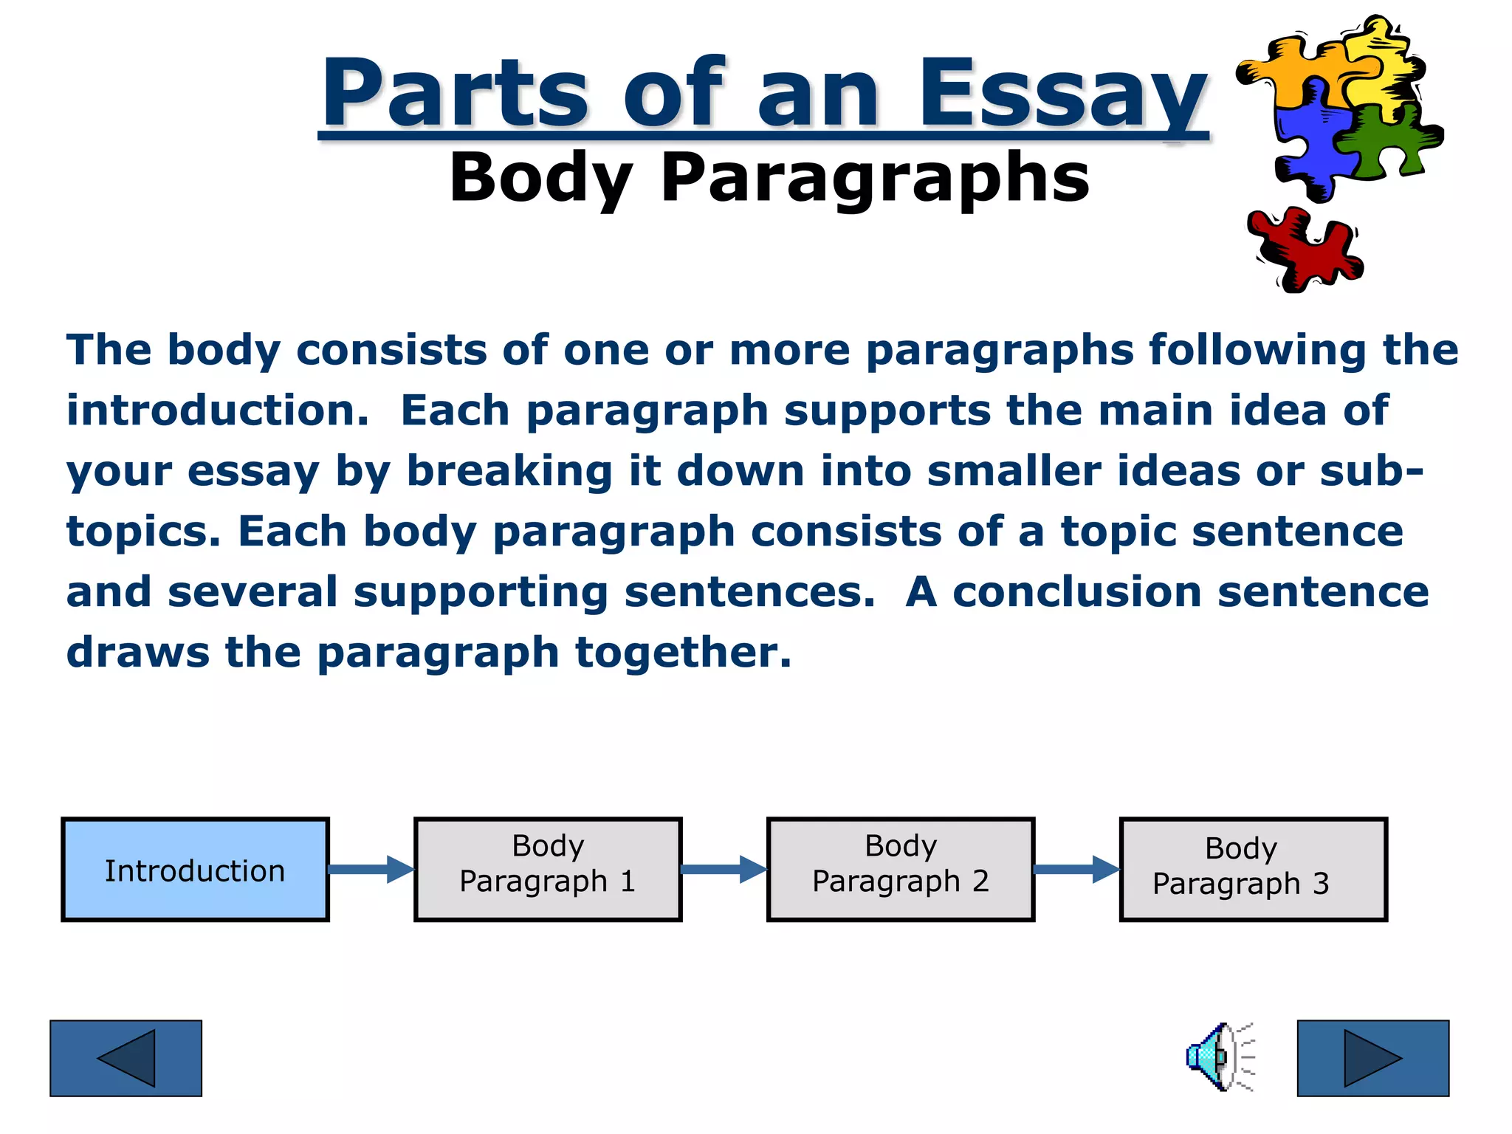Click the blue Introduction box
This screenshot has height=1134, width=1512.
[195, 870]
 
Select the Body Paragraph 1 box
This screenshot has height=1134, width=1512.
[548, 870]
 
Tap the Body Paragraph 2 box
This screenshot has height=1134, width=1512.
[901, 870]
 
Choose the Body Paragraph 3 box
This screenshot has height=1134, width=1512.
[1253, 870]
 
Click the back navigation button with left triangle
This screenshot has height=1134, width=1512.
[126, 1058]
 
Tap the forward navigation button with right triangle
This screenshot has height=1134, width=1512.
[1373, 1058]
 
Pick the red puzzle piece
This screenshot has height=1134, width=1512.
[1303, 250]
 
